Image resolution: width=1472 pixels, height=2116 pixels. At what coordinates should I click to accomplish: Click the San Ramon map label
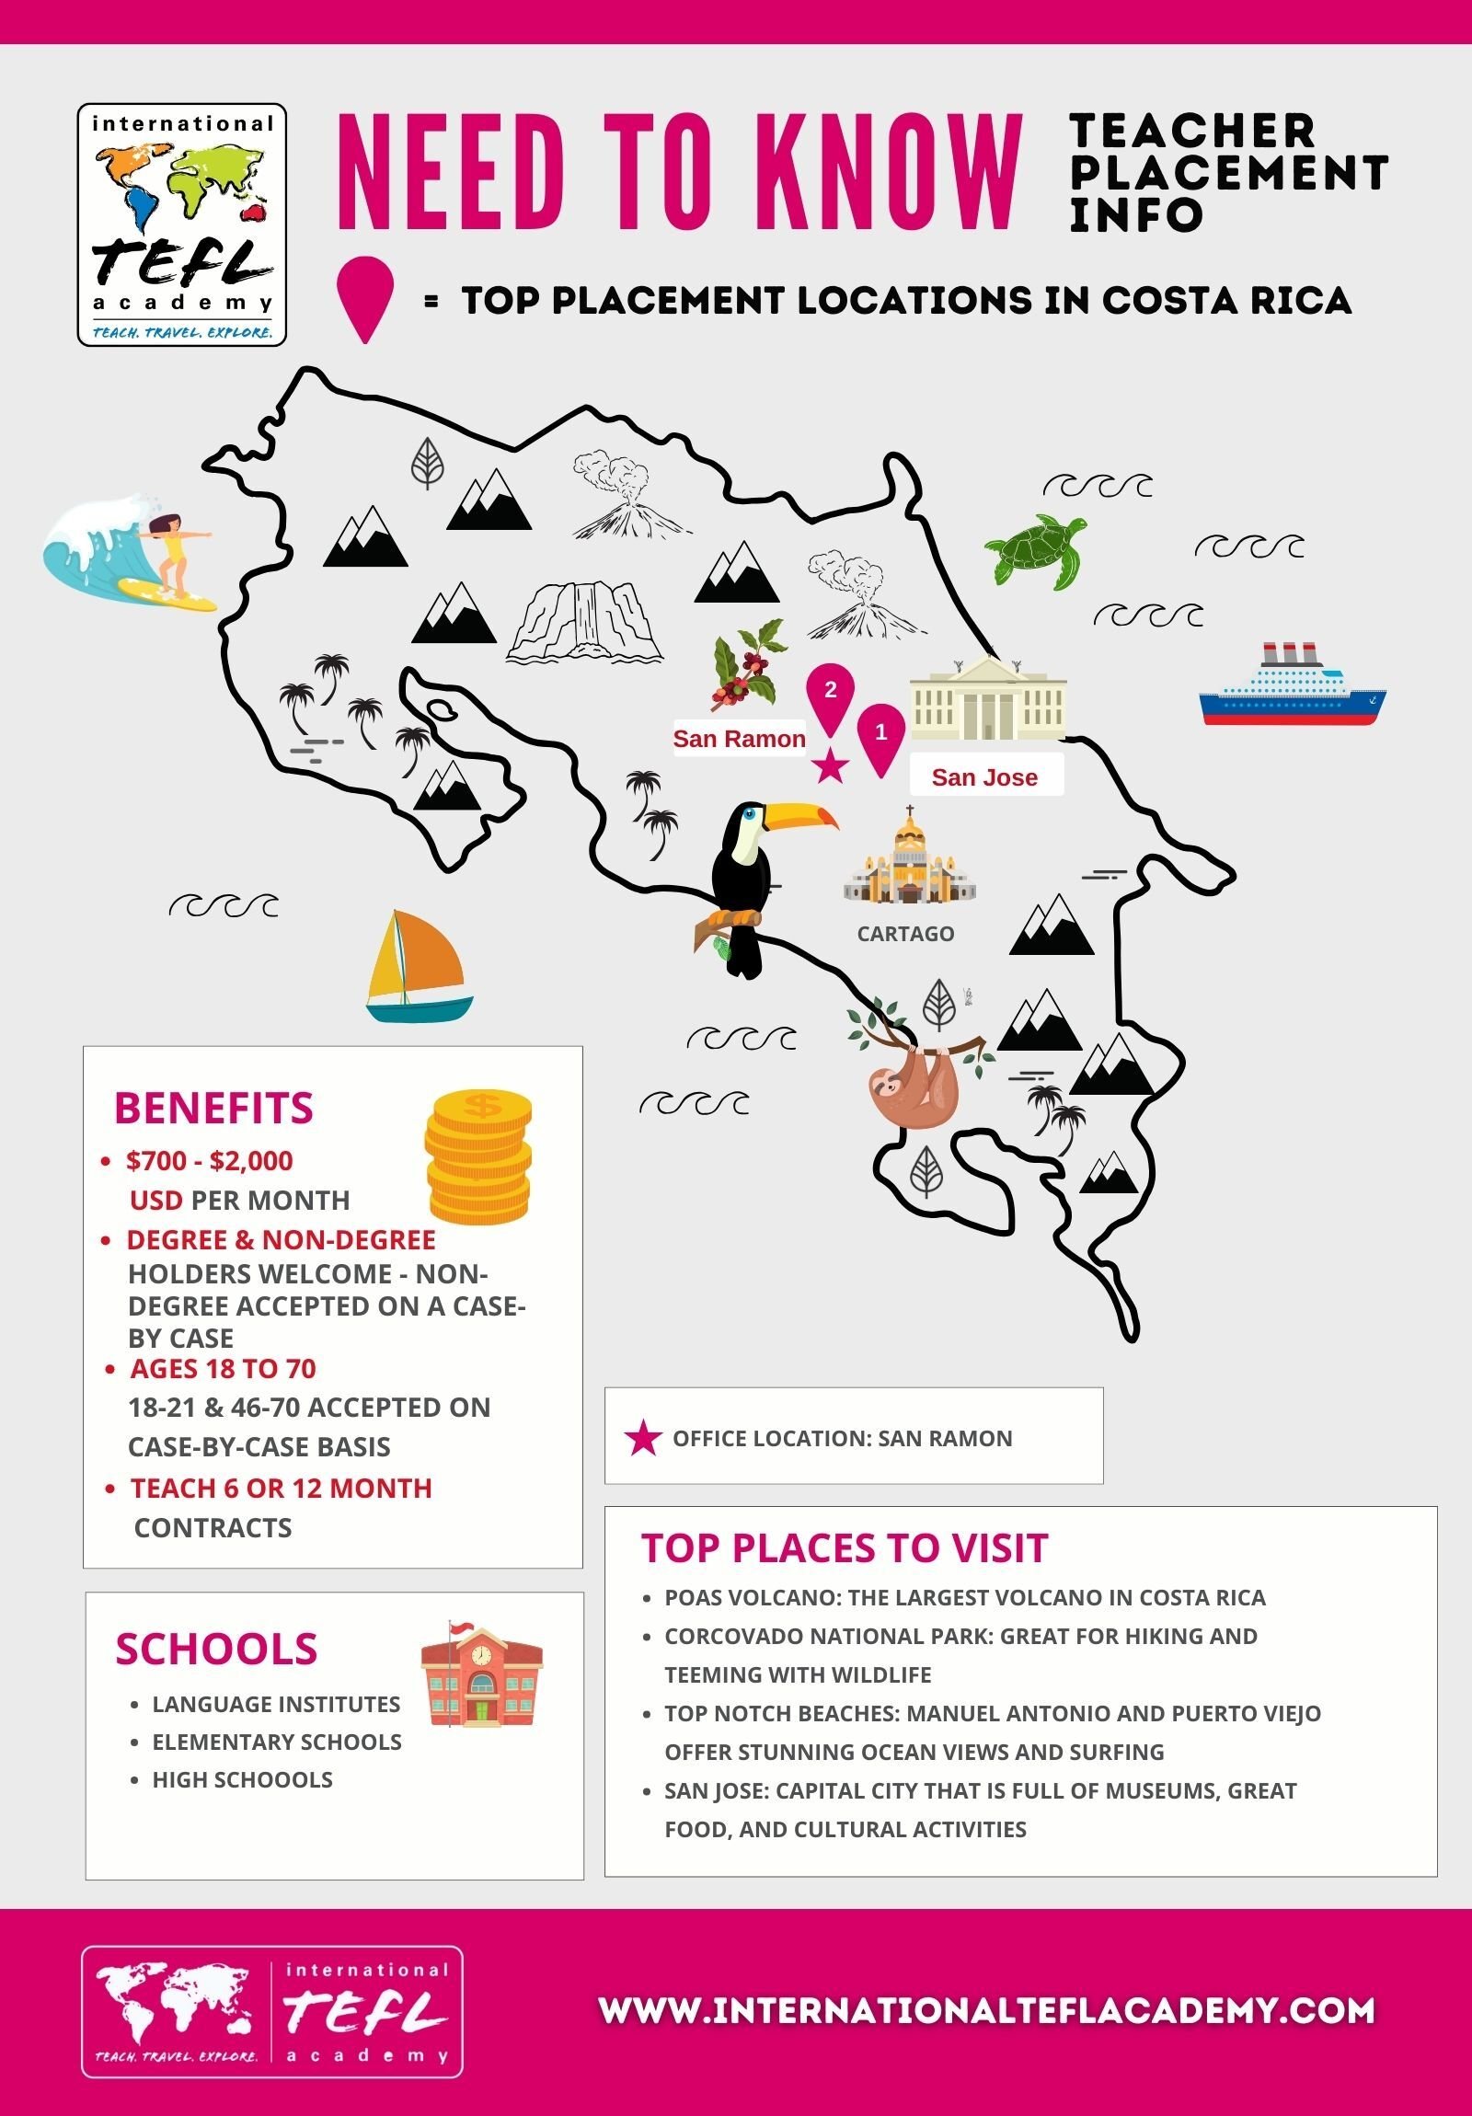(x=739, y=738)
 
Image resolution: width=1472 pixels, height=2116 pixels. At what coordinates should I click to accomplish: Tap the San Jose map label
(x=984, y=776)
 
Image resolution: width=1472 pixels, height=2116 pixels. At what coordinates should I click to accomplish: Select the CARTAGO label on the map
(x=905, y=934)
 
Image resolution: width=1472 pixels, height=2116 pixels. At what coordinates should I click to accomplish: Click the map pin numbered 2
(x=831, y=693)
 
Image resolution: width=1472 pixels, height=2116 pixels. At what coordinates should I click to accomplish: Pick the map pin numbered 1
(x=880, y=734)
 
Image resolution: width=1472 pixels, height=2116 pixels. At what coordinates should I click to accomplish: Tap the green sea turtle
(x=1034, y=549)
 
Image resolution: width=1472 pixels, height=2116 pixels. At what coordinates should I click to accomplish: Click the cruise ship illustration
(x=1292, y=686)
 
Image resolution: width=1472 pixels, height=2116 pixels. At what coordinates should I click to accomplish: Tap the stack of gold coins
(x=478, y=1156)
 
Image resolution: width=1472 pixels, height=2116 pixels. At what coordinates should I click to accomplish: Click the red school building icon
(x=481, y=1677)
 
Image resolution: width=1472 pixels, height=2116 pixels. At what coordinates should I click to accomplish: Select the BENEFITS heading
(x=213, y=1108)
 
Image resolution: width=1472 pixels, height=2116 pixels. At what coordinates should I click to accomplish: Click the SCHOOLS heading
(x=216, y=1649)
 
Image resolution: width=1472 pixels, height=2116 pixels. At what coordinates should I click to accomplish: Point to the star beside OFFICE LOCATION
(x=642, y=1439)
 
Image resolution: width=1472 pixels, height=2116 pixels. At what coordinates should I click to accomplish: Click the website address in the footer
(x=986, y=2010)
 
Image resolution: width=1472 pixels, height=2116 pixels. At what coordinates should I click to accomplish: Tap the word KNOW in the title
(x=894, y=172)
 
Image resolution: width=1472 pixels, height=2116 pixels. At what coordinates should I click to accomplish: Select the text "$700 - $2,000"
(x=209, y=1160)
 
